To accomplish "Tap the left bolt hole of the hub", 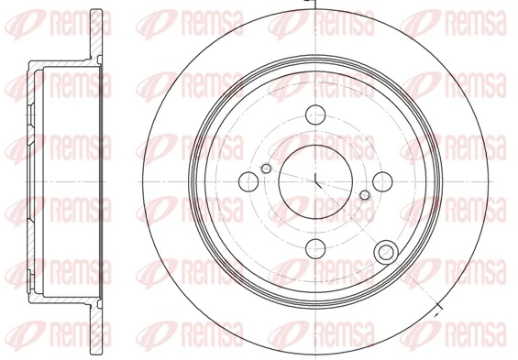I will point(248,180).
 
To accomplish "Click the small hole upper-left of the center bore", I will point(266,168).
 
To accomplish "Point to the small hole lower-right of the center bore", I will point(365,194).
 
